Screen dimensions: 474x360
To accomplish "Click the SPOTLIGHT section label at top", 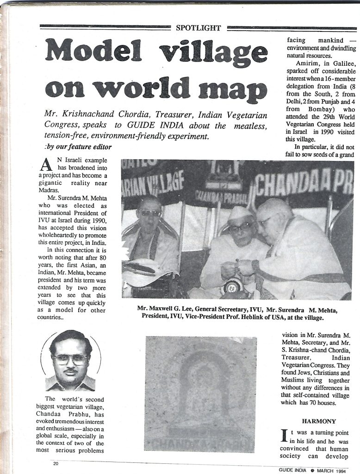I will (x=199, y=28).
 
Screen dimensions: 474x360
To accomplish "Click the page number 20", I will (x=56, y=463).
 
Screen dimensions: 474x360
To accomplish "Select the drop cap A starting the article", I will (x=45, y=164).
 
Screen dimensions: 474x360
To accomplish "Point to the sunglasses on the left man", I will (x=150, y=213).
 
